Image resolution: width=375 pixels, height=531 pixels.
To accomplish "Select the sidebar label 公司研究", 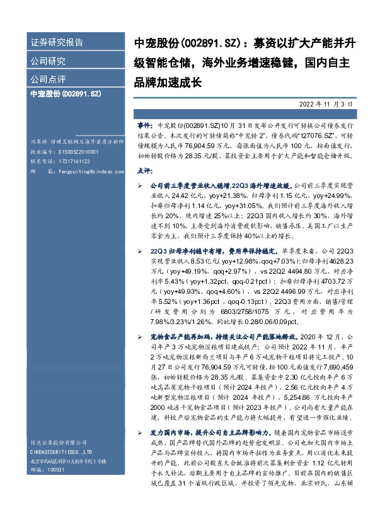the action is click(48, 61).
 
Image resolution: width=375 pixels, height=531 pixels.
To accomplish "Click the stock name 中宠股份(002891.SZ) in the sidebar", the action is click(66, 93).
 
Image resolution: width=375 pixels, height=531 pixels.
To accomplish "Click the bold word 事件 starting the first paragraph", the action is click(145, 127).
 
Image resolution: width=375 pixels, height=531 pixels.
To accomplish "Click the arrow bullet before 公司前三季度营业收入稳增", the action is click(140, 187).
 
